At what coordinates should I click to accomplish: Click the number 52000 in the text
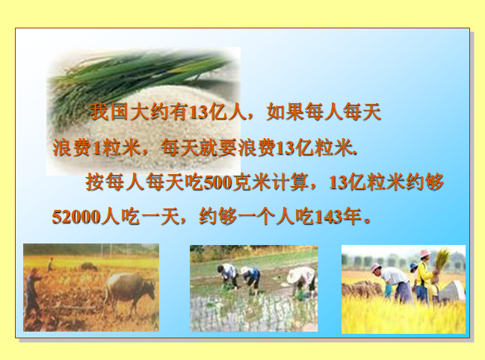pyautogui.click(x=76, y=217)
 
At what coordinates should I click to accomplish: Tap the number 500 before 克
pyautogui.click(x=218, y=182)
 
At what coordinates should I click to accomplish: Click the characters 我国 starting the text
pyautogui.click(x=109, y=112)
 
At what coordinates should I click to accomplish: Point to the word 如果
pyautogui.click(x=285, y=112)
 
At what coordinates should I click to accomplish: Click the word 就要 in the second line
pyautogui.click(x=218, y=147)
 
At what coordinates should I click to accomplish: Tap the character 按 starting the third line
pyautogui.click(x=94, y=182)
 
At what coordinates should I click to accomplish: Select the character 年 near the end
pyautogui.click(x=352, y=217)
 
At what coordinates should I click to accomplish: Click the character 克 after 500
pyautogui.click(x=242, y=182)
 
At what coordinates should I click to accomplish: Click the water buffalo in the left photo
pyautogui.click(x=129, y=291)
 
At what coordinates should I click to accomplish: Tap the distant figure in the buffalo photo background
pyautogui.click(x=50, y=264)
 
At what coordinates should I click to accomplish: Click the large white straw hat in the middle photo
pyautogui.click(x=301, y=275)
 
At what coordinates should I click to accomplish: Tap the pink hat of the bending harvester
pyautogui.click(x=375, y=267)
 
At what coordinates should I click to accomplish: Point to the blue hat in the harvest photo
pyautogui.click(x=413, y=266)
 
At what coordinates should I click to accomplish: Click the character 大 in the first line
pyautogui.click(x=139, y=112)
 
